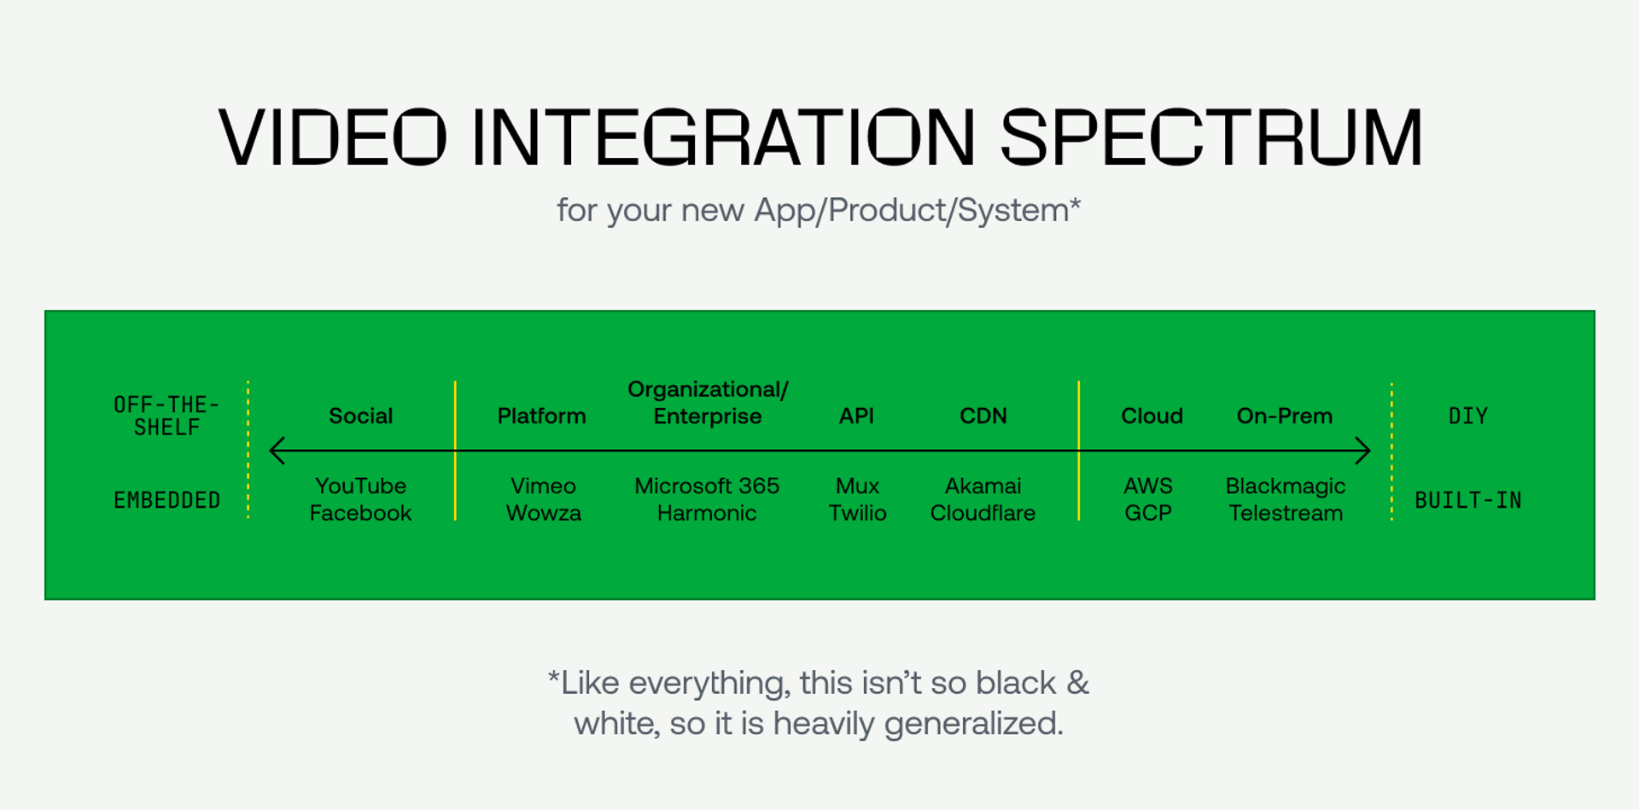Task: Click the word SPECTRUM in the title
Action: point(1210,137)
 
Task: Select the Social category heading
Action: point(360,416)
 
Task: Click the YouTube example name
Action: point(360,486)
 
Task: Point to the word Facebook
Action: point(360,513)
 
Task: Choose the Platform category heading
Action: point(541,416)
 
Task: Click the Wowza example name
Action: point(543,513)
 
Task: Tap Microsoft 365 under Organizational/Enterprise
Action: point(707,486)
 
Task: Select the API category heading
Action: point(856,416)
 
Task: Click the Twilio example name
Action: point(857,513)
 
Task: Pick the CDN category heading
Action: point(983,416)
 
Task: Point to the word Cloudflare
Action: point(983,513)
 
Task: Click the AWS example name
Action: point(1147,486)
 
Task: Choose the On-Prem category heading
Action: point(1284,416)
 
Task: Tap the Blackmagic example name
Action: point(1285,486)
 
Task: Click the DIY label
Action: point(1467,416)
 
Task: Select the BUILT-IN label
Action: point(1467,500)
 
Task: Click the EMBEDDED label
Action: point(167,500)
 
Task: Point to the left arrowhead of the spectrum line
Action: point(275,451)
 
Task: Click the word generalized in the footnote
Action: point(973,724)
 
